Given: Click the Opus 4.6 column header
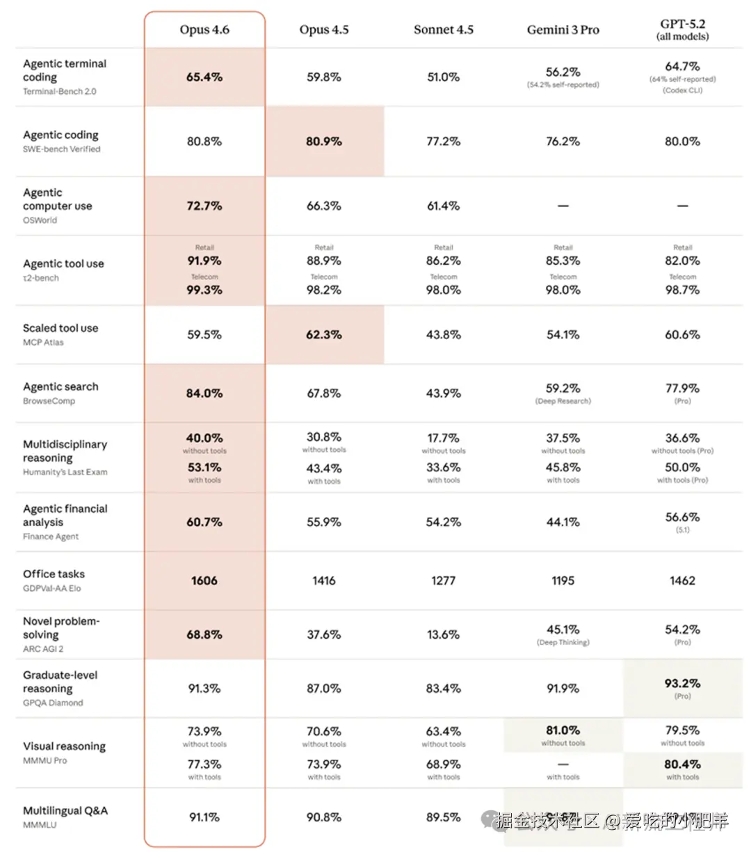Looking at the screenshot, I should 204,30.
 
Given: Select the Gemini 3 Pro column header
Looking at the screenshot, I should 563,30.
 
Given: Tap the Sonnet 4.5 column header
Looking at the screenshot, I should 443,30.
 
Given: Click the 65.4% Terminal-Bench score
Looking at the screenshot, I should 204,77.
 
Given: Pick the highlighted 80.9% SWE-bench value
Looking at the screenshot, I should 324,141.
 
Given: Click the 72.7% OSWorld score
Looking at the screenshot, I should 204,206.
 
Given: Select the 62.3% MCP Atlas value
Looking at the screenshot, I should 324,334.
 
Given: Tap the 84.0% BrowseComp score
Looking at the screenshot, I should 204,393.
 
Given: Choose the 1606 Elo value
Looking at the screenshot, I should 204,580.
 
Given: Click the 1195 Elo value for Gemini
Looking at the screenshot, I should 563,580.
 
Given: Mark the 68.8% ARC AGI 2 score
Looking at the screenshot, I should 204,634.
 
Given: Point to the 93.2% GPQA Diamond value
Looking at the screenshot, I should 682,683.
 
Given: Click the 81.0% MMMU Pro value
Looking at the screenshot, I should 563,730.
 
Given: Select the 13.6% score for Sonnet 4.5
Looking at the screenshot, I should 443,634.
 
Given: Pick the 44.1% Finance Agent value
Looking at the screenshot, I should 563,522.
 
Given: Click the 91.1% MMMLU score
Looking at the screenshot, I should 204,817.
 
